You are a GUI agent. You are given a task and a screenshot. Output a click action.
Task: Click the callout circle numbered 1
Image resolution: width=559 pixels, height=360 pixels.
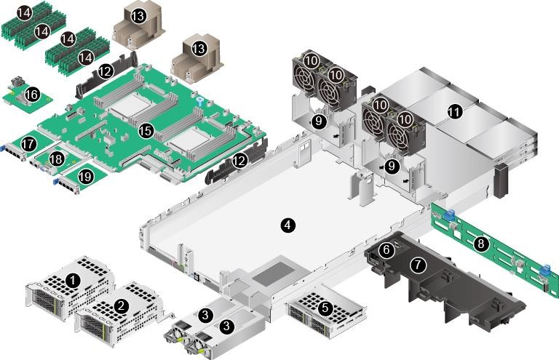[72, 279]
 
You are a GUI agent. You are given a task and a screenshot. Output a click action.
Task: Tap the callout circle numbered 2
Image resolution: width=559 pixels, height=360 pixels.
[122, 305]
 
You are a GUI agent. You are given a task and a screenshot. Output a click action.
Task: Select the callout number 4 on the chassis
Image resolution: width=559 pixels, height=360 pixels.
[288, 225]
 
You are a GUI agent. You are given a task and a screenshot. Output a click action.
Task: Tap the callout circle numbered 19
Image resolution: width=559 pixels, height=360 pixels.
[85, 175]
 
